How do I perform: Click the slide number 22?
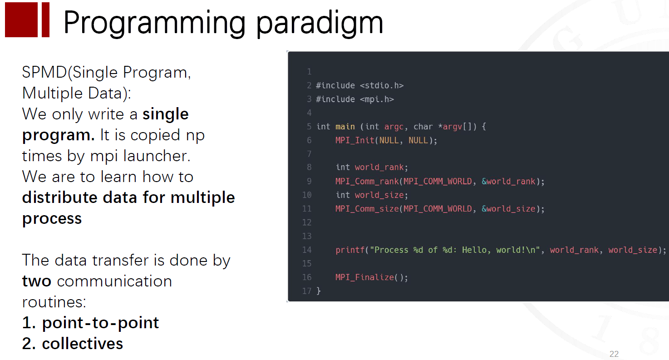tap(614, 354)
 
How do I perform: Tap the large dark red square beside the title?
tap(21, 20)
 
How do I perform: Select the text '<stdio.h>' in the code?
tap(382, 85)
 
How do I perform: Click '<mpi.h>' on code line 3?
tap(377, 99)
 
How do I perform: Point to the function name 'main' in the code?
tap(345, 127)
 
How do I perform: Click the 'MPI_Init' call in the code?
tap(355, 140)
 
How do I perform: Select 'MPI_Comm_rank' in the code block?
tap(367, 181)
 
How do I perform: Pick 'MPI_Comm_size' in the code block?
tap(367, 209)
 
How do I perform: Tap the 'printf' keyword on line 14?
tap(350, 250)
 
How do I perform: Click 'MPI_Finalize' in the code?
tap(364, 277)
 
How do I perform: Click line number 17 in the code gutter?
tap(307, 291)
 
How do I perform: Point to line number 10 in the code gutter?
tap(307, 195)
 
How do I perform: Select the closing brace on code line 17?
tap(319, 291)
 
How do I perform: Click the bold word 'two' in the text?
tap(37, 281)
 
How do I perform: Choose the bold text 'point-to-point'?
tap(100, 323)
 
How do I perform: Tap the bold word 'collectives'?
tap(83, 344)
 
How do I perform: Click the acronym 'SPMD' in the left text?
tap(44, 73)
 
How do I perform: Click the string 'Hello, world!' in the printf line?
tap(493, 250)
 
